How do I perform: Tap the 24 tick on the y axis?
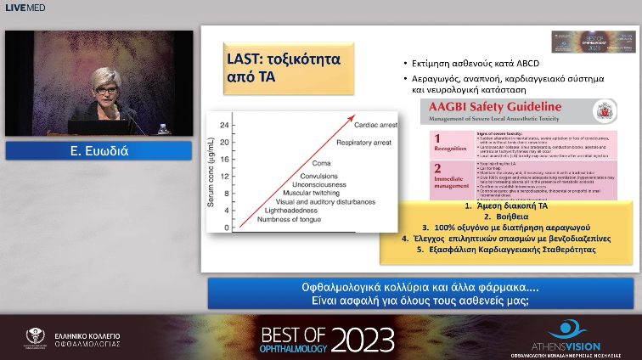pos(224,125)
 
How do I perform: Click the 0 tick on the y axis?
pos(227,228)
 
